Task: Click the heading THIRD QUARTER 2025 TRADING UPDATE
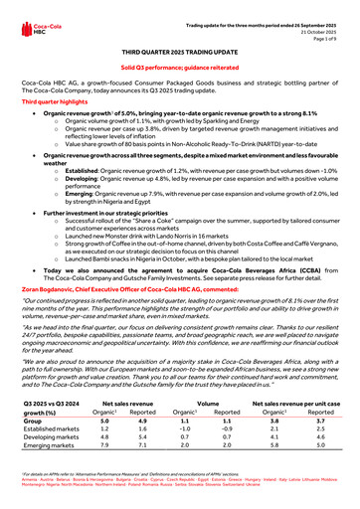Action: tap(180, 49)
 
